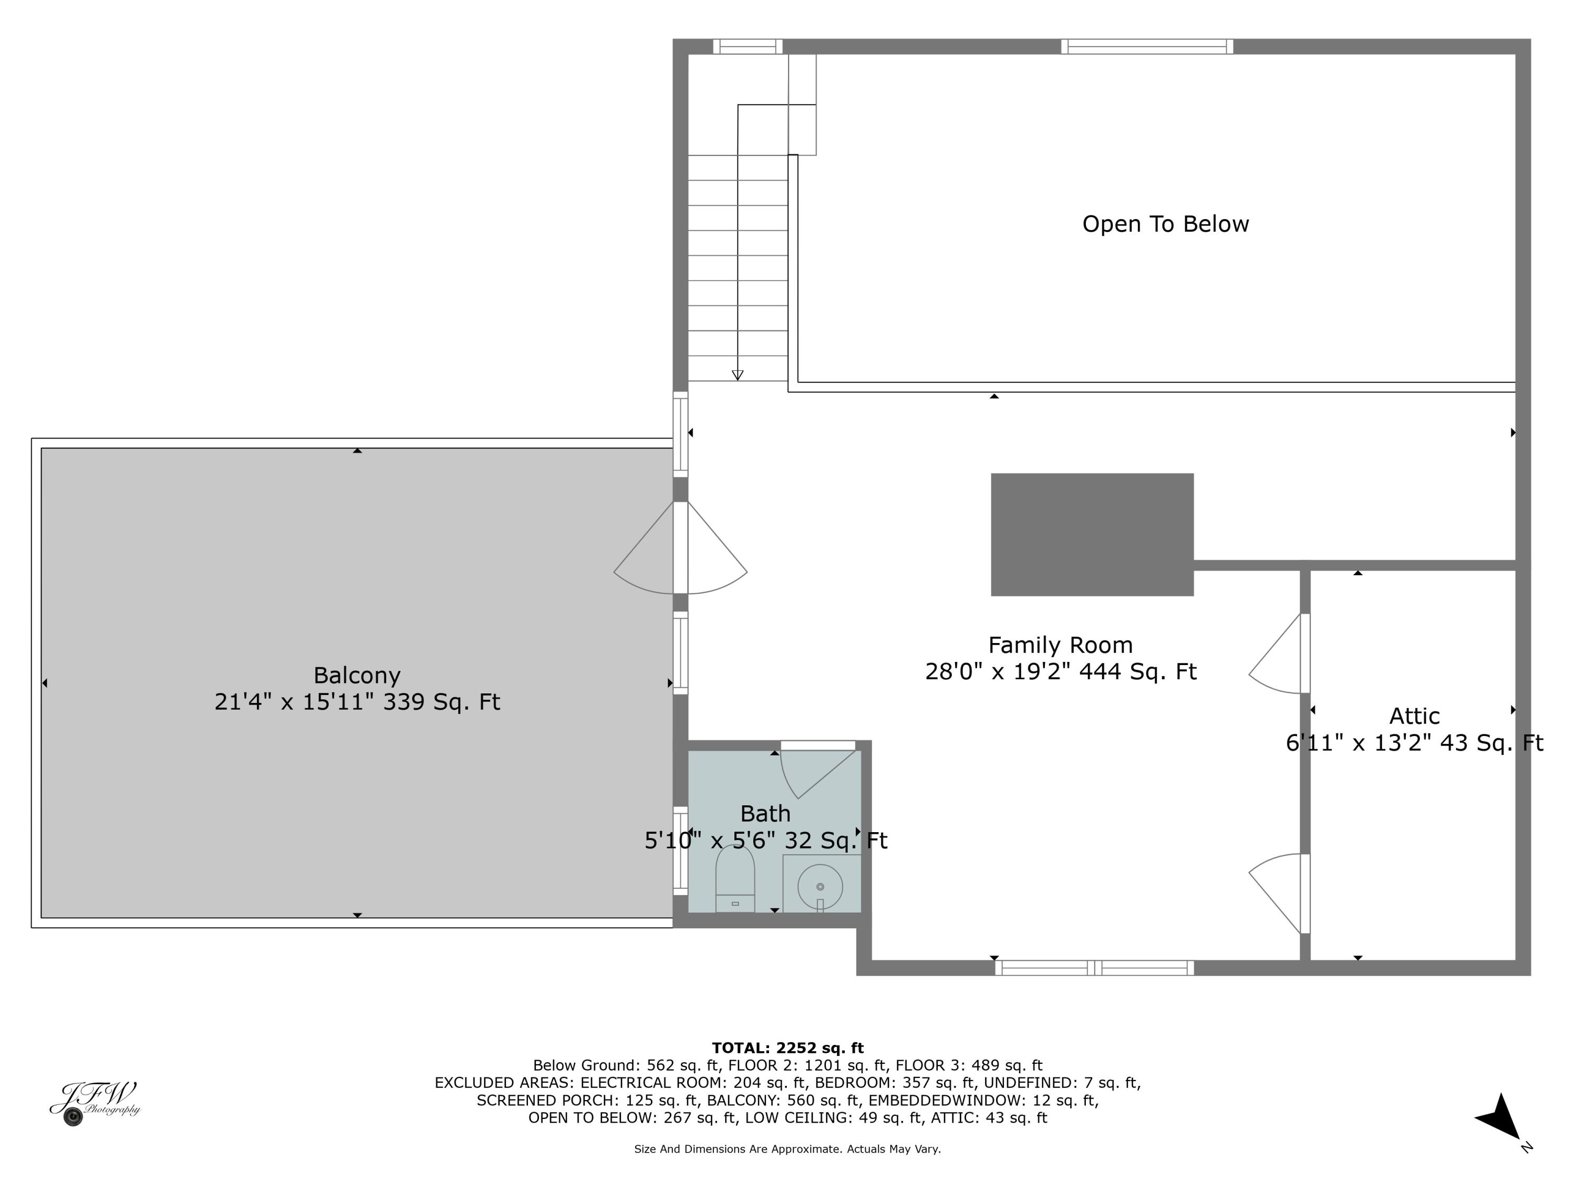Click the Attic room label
pyautogui.click(x=1414, y=716)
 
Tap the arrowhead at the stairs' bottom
pyautogui.click(x=738, y=375)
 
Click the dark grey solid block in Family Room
pyautogui.click(x=1092, y=534)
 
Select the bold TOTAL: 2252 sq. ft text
pyautogui.click(x=787, y=1048)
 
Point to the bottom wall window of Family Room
pyautogui.click(x=1094, y=968)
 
